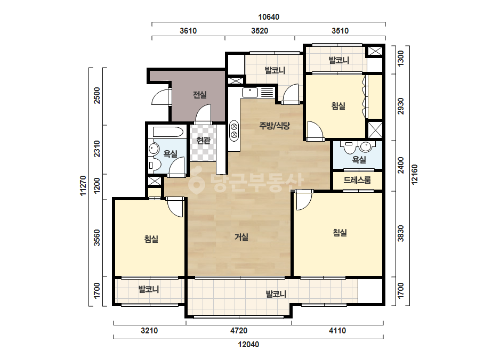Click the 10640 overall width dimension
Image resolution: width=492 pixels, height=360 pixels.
pyautogui.click(x=269, y=17)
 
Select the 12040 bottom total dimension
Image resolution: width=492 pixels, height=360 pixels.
pyautogui.click(x=248, y=345)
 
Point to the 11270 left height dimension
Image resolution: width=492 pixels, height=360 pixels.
pyautogui.click(x=83, y=186)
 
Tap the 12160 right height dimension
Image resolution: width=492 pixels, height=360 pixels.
pyautogui.click(x=415, y=175)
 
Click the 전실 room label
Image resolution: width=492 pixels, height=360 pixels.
pyautogui.click(x=199, y=95)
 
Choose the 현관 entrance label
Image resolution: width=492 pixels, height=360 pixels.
pyautogui.click(x=203, y=140)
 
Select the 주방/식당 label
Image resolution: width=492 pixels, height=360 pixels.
pyautogui.click(x=275, y=126)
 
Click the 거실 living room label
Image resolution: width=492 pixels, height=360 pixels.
pyautogui.click(x=241, y=237)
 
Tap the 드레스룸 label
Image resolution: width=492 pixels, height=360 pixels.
pyautogui.click(x=357, y=180)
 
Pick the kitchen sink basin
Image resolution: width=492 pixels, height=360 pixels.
pyautogui.click(x=250, y=92)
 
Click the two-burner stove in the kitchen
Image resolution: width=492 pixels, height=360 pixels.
pyautogui.click(x=234, y=130)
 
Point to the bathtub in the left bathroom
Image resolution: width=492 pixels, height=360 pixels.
pyautogui.click(x=168, y=132)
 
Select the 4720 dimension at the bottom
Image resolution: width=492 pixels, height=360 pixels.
pyautogui.click(x=239, y=331)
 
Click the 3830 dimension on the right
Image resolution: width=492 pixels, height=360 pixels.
pyautogui.click(x=401, y=234)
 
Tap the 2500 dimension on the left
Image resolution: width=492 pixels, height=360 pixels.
pyautogui.click(x=97, y=96)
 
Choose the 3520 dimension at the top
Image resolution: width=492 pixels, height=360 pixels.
pyautogui.click(x=260, y=31)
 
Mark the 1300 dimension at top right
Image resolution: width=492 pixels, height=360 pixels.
pyautogui.click(x=401, y=59)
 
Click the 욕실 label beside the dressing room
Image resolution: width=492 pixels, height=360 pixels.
pyautogui.click(x=359, y=160)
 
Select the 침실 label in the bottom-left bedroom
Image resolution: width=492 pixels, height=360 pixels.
pyautogui.click(x=151, y=239)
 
